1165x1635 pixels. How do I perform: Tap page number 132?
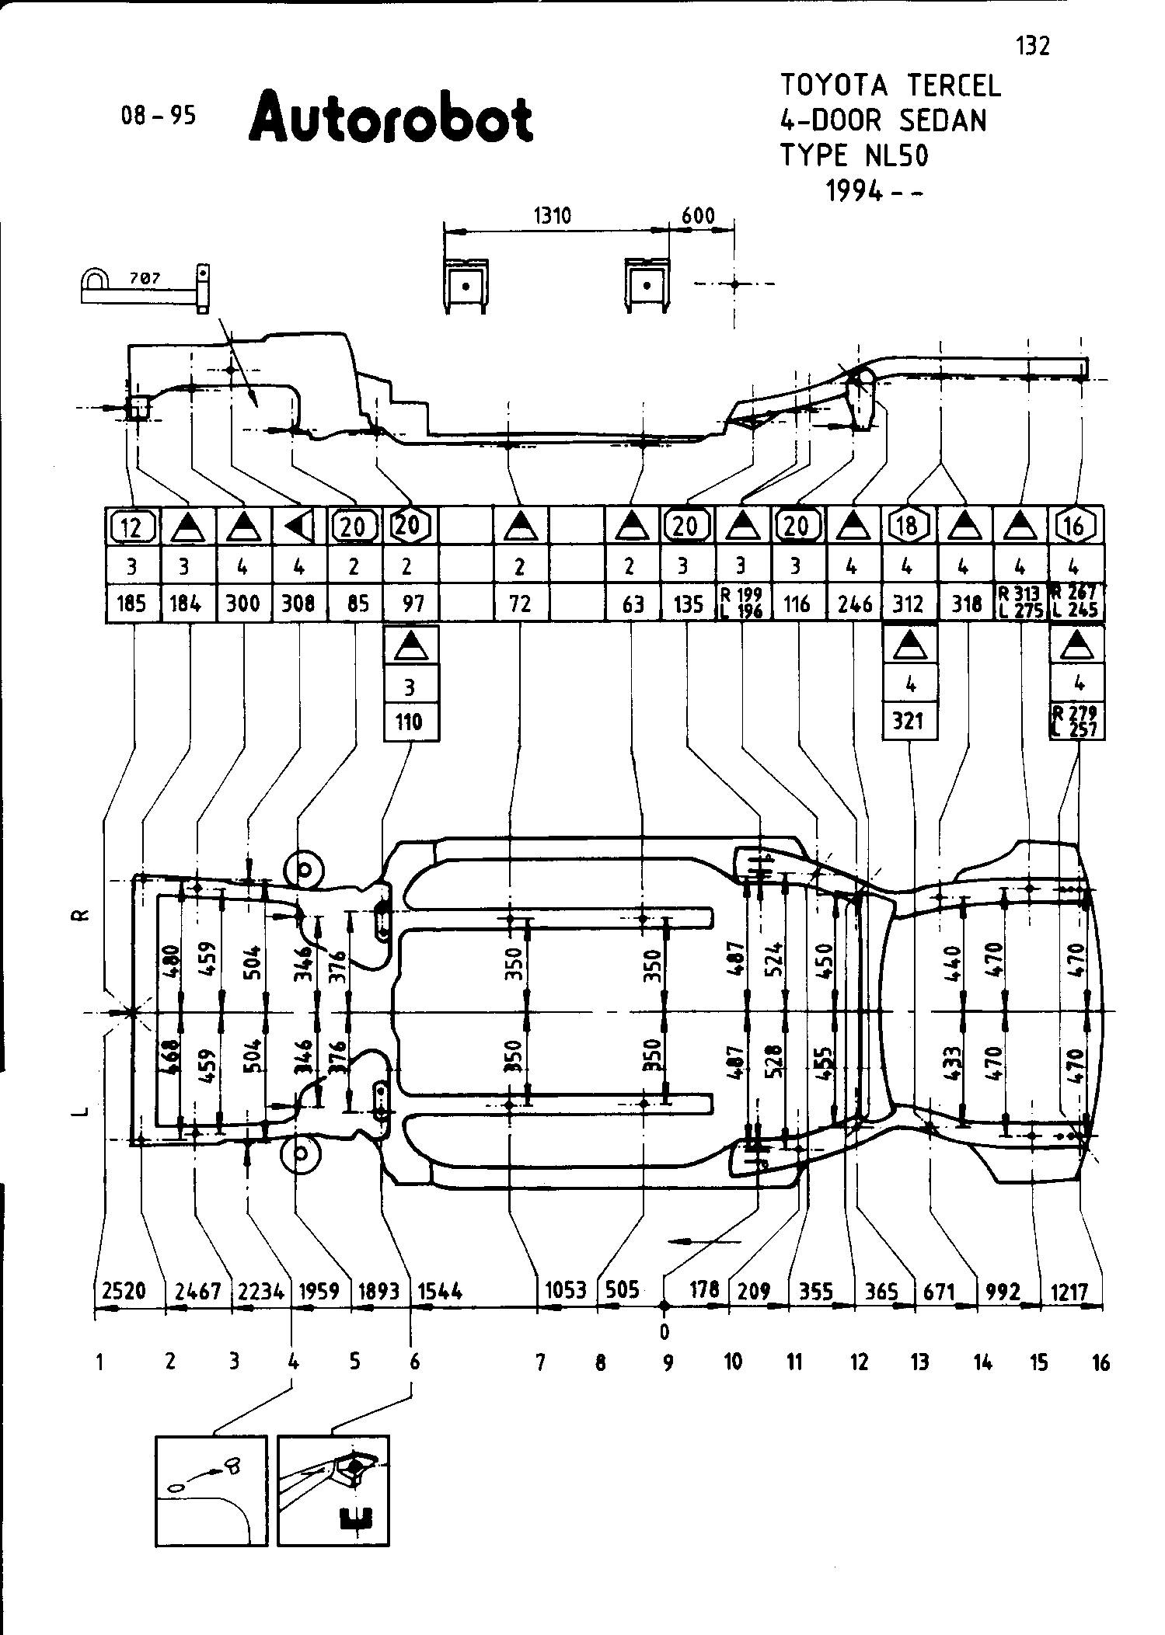pos(1033,47)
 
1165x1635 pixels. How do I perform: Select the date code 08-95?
pos(158,116)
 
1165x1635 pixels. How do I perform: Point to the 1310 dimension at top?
pos(553,215)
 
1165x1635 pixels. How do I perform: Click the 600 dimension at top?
pos(697,215)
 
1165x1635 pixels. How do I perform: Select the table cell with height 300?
pos(242,604)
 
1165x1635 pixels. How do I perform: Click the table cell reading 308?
pos(298,604)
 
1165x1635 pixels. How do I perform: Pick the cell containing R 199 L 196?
pos(743,604)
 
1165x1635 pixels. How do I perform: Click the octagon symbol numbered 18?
pos(908,526)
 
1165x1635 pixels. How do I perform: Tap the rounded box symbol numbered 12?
pos(132,527)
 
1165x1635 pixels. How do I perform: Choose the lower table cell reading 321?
pos(908,721)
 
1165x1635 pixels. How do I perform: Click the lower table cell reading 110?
pos(410,722)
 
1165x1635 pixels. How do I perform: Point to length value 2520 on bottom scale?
pos(124,1291)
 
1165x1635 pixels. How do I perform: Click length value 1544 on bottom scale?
pos(441,1291)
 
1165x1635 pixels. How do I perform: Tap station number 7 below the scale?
pos(540,1361)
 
